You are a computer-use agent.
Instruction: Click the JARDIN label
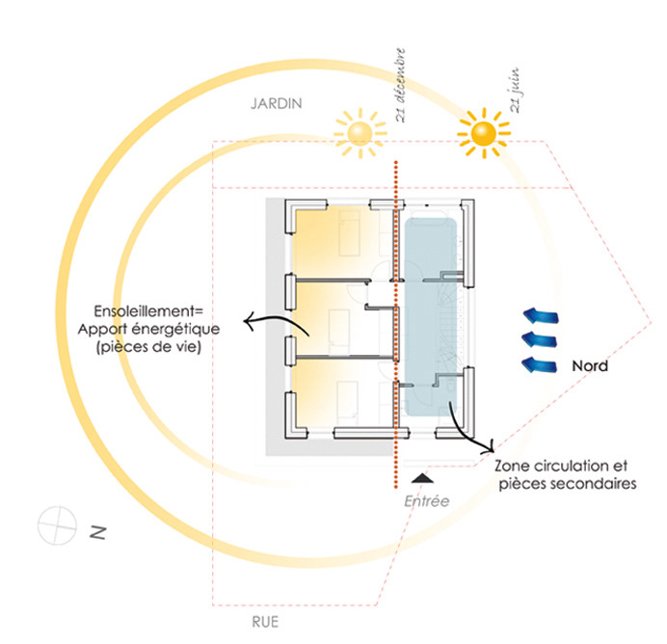tap(276, 102)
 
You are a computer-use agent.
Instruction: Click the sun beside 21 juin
tap(482, 133)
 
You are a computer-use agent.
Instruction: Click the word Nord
tap(589, 366)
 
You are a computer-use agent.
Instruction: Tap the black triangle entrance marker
tap(422, 477)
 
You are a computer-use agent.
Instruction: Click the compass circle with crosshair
tap(57, 524)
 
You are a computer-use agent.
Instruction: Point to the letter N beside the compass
tap(97, 531)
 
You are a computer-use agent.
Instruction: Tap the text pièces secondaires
tap(567, 484)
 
